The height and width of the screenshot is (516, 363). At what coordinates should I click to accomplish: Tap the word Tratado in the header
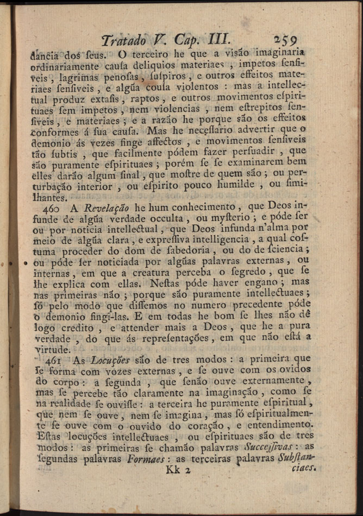point(123,40)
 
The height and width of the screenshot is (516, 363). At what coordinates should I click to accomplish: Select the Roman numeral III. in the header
point(219,39)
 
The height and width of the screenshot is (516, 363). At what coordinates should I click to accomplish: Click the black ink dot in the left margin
point(26,261)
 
